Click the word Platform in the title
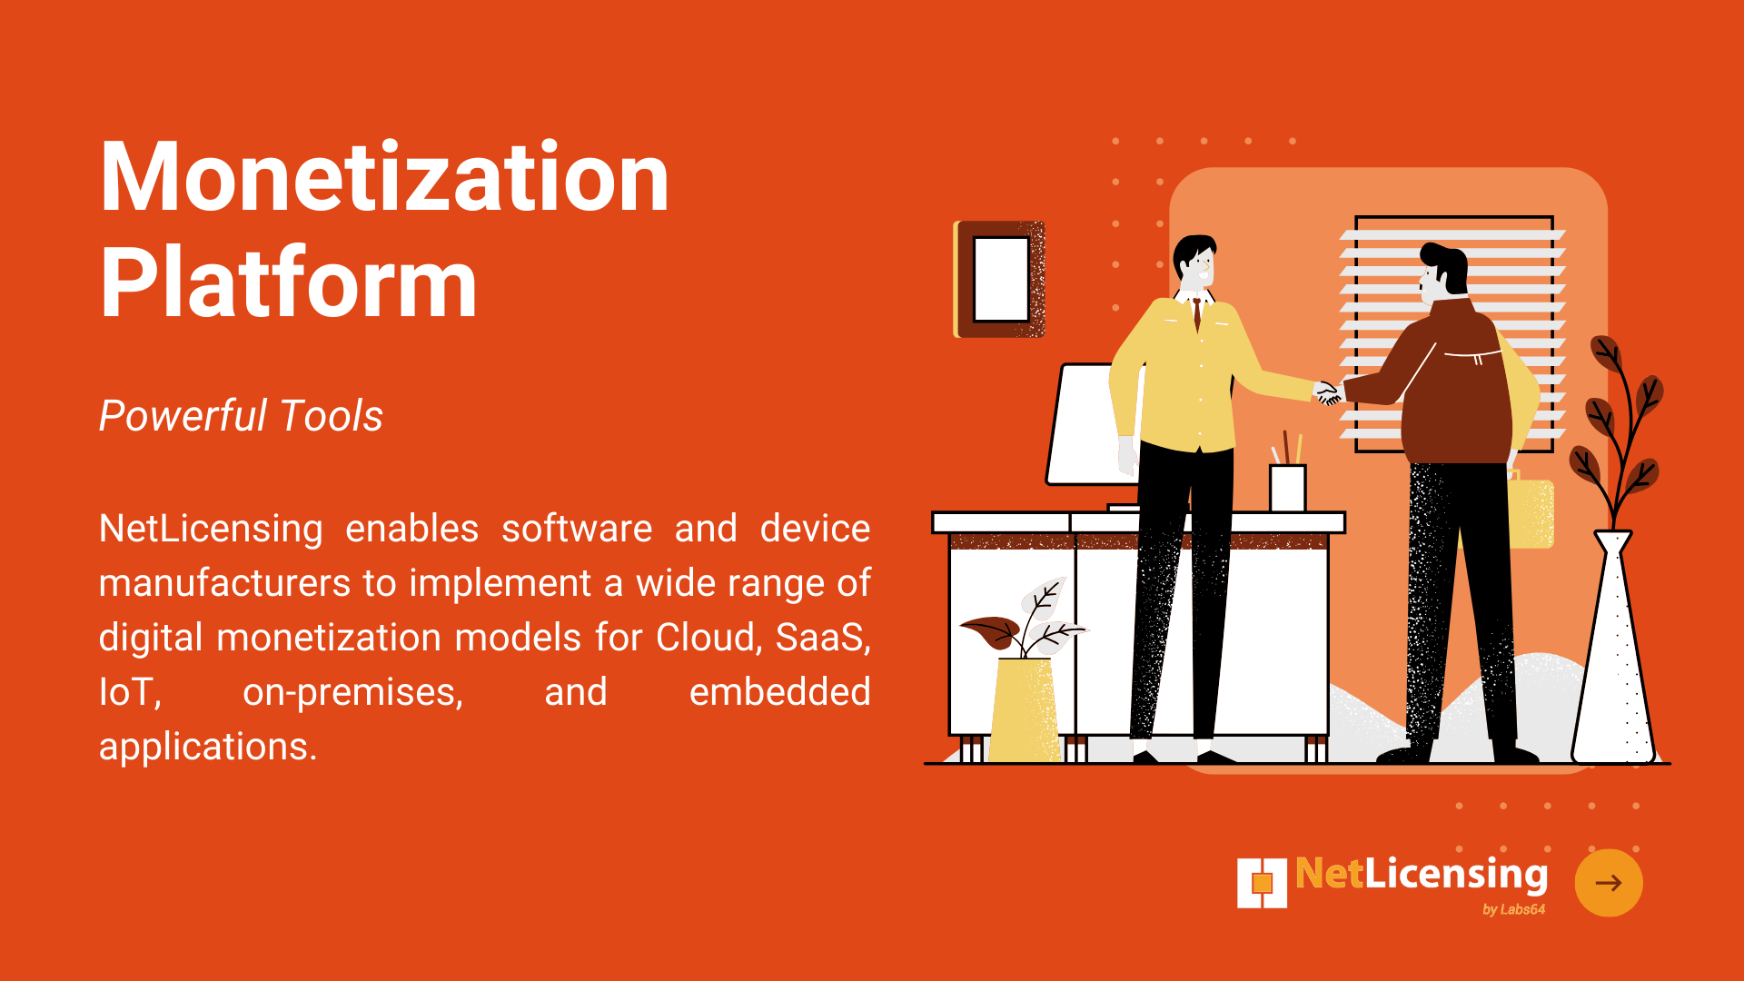point(289,282)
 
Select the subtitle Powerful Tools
point(241,416)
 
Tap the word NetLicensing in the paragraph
point(211,530)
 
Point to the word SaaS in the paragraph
point(823,638)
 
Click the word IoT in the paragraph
point(130,692)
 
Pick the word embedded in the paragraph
point(780,692)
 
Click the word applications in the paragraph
point(208,748)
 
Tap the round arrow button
point(1609,883)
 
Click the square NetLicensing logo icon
point(1263,883)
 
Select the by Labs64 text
point(1513,909)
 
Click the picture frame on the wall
point(999,279)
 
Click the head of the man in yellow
point(1194,263)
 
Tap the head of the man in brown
point(1442,272)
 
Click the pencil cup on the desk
point(1287,488)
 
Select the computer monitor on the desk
point(1085,424)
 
